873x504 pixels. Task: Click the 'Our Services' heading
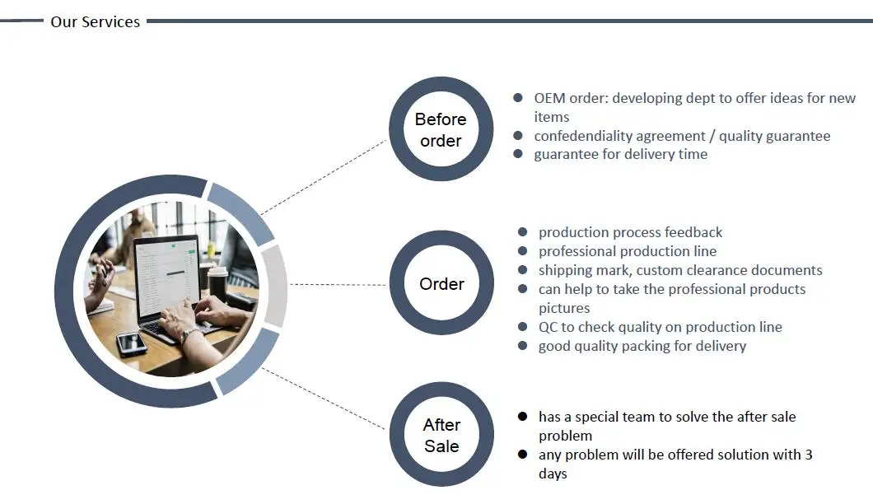click(x=95, y=22)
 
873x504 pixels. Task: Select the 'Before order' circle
click(x=441, y=129)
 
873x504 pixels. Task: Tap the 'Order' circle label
click(x=441, y=283)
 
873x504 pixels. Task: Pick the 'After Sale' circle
click(x=441, y=436)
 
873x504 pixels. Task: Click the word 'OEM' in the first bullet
click(x=549, y=98)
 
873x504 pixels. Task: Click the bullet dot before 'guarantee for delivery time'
click(x=518, y=154)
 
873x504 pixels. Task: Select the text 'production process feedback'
click(x=630, y=232)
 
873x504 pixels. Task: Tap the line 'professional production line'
click(x=627, y=251)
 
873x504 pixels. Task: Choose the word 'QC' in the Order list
click(x=549, y=327)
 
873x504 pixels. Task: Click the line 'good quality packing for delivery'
click(x=642, y=346)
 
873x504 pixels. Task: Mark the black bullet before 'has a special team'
click(x=522, y=417)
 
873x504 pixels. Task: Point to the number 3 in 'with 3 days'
click(x=808, y=455)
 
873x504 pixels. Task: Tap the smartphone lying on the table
click(x=132, y=342)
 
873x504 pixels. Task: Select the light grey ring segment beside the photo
click(x=276, y=285)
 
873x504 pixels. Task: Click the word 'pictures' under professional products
click(x=564, y=308)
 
